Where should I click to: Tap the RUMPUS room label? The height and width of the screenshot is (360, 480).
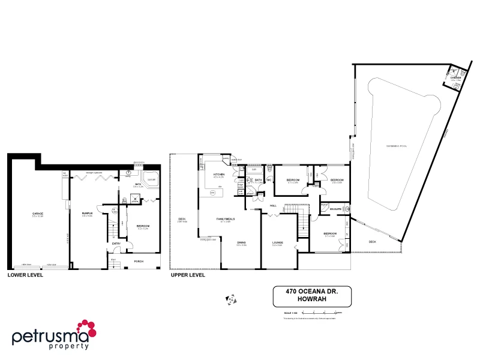click(x=87, y=214)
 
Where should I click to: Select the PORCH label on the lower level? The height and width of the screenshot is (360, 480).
click(x=139, y=261)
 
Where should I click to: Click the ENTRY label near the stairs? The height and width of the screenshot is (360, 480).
click(x=116, y=243)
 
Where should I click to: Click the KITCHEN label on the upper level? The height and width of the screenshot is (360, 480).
click(x=218, y=175)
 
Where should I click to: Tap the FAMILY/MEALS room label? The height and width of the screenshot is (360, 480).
click(x=225, y=219)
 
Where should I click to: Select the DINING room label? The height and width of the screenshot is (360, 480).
click(x=241, y=242)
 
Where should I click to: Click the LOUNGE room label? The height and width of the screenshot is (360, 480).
click(x=277, y=242)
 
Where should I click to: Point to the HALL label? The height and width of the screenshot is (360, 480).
click(x=272, y=206)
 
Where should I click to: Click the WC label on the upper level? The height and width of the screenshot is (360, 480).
click(x=269, y=179)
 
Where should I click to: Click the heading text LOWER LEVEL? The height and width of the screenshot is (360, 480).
click(x=24, y=275)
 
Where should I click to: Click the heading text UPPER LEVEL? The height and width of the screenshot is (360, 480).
click(x=188, y=275)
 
